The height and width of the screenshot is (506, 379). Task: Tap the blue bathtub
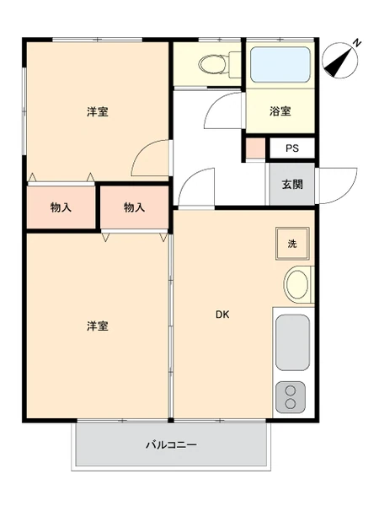[x=280, y=65]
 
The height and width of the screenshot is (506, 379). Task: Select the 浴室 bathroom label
[x=280, y=111]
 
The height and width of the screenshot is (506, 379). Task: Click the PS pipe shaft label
[x=292, y=148]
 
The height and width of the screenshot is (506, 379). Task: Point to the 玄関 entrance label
[x=292, y=184]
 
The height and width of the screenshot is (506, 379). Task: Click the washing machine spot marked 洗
[x=292, y=244]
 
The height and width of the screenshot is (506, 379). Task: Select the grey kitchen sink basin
[x=292, y=342]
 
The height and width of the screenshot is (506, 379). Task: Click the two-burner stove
[x=291, y=397]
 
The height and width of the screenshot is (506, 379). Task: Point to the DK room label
[x=222, y=315]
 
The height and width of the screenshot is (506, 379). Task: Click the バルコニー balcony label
[x=171, y=445]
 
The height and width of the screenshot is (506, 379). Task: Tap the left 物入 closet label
[x=61, y=207]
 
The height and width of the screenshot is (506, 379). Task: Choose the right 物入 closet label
[x=135, y=207]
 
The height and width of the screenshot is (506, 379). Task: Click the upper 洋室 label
[x=98, y=111]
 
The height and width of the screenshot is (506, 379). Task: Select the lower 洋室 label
[x=98, y=326]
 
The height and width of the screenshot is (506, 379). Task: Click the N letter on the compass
[x=357, y=43]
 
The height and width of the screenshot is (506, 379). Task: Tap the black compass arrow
[x=338, y=62]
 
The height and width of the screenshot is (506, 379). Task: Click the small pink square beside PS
[x=256, y=148]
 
